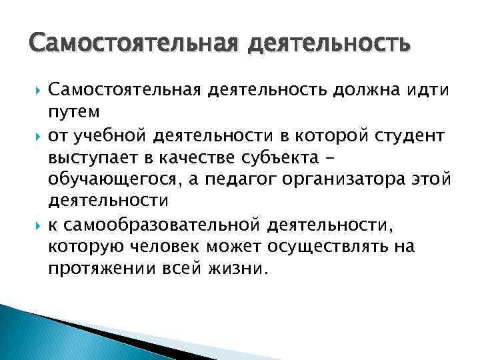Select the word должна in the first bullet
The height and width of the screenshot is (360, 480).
tap(361, 89)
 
